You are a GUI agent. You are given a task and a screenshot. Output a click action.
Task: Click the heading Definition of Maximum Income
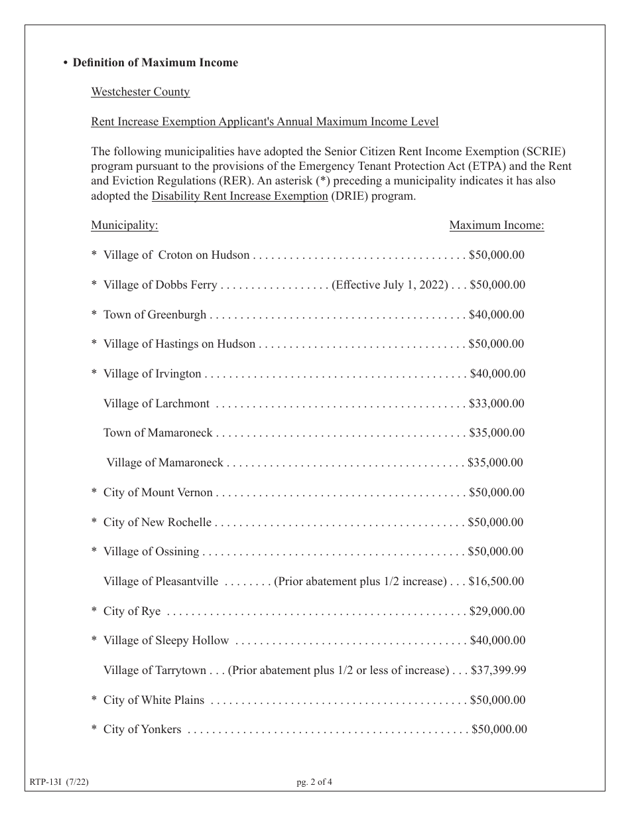point(155,63)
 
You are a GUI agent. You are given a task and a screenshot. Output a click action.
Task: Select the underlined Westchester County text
point(141,92)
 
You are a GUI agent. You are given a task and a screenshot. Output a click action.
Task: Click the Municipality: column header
point(125,226)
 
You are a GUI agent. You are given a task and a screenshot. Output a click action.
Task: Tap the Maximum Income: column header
point(497,226)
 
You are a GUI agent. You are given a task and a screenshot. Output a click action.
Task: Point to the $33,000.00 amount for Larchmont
point(496,403)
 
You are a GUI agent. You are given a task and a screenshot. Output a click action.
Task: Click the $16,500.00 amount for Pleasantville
point(496,582)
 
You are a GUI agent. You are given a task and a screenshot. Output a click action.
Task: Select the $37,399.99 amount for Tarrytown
point(498,671)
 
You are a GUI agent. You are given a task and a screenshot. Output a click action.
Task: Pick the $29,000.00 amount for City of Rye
point(497,612)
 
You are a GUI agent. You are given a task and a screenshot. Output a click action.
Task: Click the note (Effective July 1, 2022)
point(390,285)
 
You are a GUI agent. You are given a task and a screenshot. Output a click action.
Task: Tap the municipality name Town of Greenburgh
point(155,314)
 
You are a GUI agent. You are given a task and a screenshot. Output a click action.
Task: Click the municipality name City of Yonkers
point(142,730)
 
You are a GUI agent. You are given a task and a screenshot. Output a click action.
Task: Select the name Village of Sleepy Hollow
point(166,641)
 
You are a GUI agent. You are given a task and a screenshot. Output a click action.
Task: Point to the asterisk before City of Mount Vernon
point(94,493)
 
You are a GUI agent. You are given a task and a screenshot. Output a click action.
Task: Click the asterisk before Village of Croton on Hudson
point(94,255)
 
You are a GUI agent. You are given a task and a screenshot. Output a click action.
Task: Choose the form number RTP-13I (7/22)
point(59,782)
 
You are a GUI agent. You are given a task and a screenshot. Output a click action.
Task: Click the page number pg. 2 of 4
point(314,782)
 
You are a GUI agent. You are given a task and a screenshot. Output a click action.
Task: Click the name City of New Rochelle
point(157,523)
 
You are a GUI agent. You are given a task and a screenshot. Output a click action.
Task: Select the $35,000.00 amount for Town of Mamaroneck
point(496,433)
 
